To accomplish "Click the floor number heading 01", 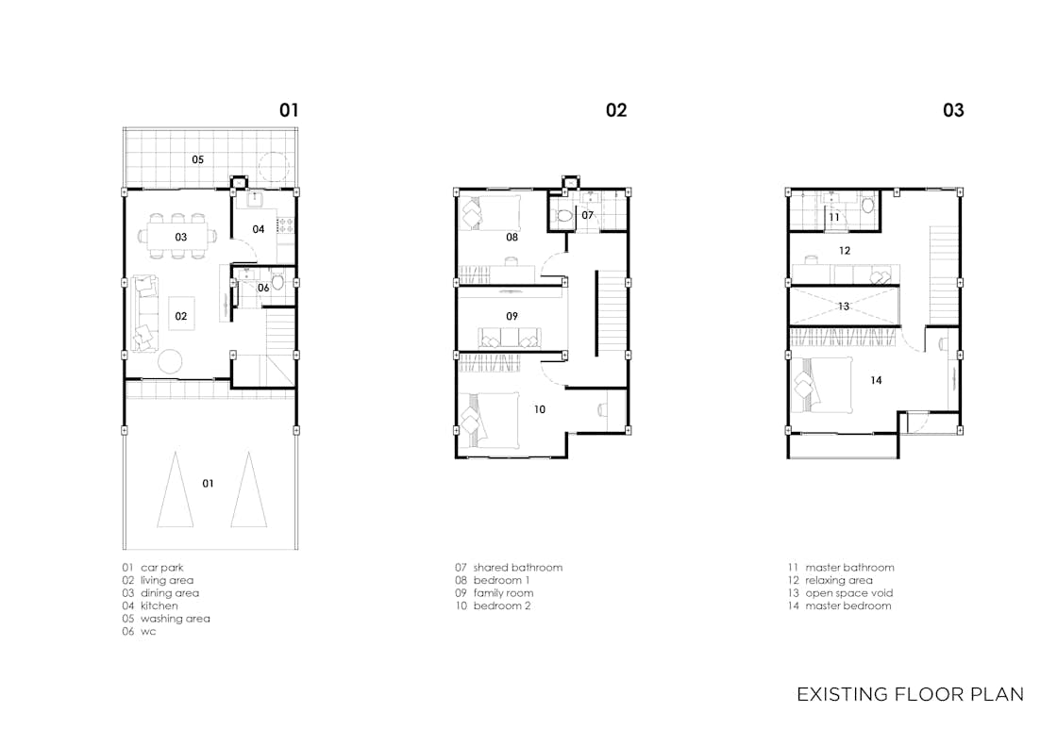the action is click(x=289, y=109).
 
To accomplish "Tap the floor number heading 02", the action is click(x=616, y=109).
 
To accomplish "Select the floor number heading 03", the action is click(x=953, y=109).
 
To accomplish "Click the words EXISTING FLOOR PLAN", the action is click(x=910, y=694).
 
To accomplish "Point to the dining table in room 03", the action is click(x=178, y=237).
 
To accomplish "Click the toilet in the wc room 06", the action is click(x=277, y=281).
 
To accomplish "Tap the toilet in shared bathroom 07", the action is click(x=562, y=216).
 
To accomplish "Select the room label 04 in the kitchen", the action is click(x=259, y=229).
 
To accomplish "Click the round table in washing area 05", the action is click(x=274, y=166).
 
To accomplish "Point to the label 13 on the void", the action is click(x=844, y=306).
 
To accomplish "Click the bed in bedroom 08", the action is click(x=490, y=213).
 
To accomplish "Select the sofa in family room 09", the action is click(x=510, y=338).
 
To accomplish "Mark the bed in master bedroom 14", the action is click(x=820, y=384).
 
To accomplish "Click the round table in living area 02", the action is click(x=170, y=361).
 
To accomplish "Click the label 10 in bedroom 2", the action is click(x=539, y=409).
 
